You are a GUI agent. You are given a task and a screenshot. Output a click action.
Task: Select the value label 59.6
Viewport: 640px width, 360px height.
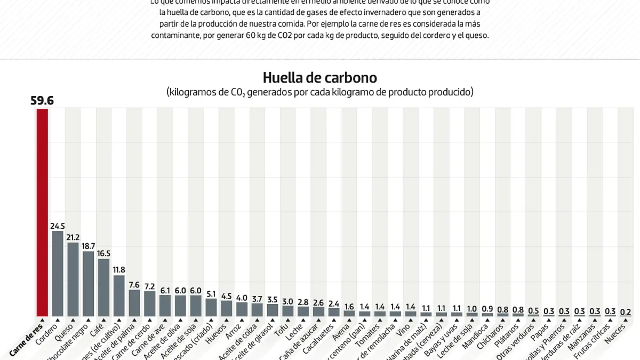(x=42, y=100)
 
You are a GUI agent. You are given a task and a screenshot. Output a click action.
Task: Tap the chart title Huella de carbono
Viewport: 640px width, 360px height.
(x=319, y=78)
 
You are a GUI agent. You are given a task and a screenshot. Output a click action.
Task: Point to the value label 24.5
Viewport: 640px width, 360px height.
(x=58, y=226)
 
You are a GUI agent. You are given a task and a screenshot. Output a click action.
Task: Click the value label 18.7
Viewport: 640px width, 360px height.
(x=89, y=246)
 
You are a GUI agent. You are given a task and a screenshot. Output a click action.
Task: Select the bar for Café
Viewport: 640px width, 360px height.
(x=103, y=287)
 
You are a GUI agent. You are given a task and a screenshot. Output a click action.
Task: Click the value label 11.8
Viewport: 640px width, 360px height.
(x=119, y=270)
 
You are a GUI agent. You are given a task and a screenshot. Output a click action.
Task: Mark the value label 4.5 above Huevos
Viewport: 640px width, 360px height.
(x=227, y=296)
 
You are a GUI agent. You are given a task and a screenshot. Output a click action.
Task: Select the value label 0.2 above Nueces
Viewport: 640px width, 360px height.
(x=626, y=311)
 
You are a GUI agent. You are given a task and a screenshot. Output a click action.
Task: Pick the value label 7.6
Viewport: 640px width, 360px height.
(x=134, y=285)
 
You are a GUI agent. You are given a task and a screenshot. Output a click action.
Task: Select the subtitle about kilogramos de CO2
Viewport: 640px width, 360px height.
(x=319, y=92)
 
